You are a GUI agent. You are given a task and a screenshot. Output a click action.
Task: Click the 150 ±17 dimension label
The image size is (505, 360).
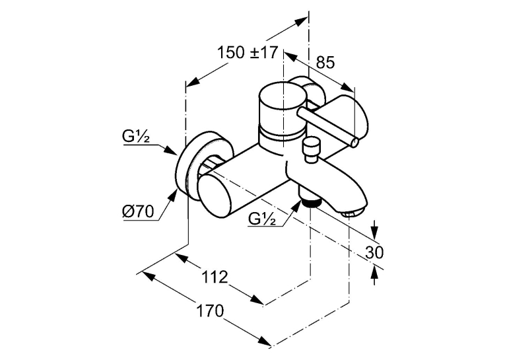(x=247, y=53)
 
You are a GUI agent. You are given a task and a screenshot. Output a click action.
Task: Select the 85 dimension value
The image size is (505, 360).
(x=325, y=63)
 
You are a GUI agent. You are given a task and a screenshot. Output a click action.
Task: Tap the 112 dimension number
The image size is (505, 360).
(x=215, y=277)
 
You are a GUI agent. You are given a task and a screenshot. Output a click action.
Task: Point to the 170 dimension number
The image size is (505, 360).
(x=210, y=311)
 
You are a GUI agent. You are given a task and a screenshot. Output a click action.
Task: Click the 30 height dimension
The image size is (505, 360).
(x=374, y=252)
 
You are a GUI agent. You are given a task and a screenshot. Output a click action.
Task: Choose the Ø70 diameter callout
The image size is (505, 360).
(x=138, y=211)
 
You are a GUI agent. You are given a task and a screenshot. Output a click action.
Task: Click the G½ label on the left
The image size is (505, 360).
(x=136, y=137)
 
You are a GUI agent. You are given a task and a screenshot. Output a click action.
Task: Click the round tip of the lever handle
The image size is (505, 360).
(x=354, y=142)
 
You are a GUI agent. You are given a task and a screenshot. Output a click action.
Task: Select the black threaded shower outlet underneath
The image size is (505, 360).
(x=311, y=203)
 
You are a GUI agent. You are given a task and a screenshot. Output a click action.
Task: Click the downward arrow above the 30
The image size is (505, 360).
(x=374, y=230)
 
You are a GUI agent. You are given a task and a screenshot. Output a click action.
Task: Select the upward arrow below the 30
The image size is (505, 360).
(x=374, y=275)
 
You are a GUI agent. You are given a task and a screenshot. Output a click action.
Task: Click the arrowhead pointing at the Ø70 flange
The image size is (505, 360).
(x=173, y=194)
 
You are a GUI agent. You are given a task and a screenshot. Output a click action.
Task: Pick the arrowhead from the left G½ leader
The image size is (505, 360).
(x=170, y=151)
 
